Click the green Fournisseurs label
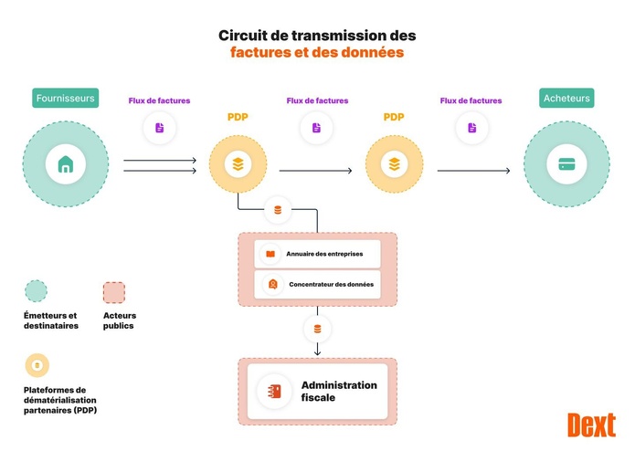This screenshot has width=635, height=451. click(65, 98)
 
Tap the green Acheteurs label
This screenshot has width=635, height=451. click(566, 98)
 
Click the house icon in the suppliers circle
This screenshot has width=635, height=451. click(65, 165)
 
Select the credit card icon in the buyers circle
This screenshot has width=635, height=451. click(566, 165)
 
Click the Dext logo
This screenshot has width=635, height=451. click(591, 425)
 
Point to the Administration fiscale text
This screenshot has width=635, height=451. click(338, 392)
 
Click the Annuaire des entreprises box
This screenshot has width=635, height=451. click(317, 254)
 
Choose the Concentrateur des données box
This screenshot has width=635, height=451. click(317, 284)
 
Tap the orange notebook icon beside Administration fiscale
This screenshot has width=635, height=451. click(274, 392)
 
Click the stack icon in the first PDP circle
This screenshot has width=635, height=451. click(238, 165)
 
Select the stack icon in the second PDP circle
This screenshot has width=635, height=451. click(394, 165)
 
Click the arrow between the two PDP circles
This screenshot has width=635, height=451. click(315, 170)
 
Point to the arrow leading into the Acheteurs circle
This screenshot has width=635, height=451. click(473, 170)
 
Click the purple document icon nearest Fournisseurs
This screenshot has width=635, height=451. click(160, 128)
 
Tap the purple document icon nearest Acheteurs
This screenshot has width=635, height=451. click(471, 128)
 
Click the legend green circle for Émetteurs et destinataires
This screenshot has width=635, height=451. click(36, 291)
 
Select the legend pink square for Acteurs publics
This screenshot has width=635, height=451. click(114, 292)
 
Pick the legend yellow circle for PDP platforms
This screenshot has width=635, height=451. click(37, 365)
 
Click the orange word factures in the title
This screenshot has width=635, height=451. click(259, 53)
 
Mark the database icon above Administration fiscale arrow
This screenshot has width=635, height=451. click(317, 329)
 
